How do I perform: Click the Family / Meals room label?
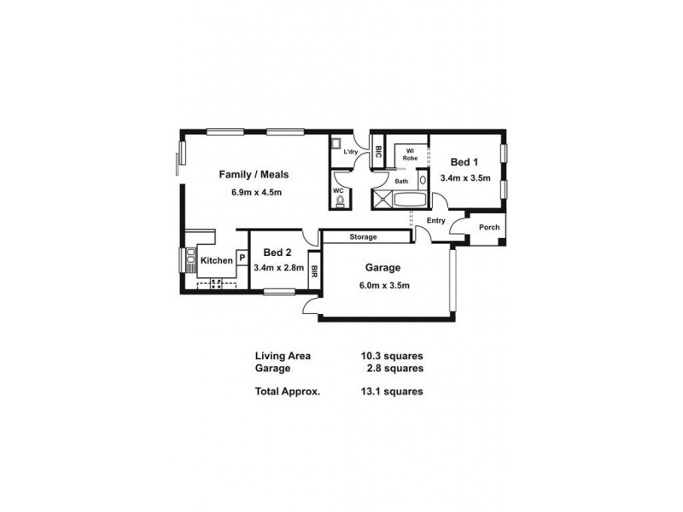coord(254,174)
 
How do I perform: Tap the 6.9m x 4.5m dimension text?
coord(256,192)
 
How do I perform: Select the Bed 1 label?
coord(464,162)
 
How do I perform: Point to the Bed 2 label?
coord(277,253)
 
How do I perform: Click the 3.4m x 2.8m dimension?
coord(277,268)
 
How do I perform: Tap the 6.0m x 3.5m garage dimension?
coord(385,284)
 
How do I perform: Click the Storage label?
coord(363,236)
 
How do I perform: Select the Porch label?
coord(489,227)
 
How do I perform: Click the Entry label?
coord(436,221)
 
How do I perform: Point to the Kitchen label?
coord(217,260)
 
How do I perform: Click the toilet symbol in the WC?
coord(340,201)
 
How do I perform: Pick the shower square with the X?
coord(379,200)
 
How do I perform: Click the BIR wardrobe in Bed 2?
coord(314,271)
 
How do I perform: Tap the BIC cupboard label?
coord(377,154)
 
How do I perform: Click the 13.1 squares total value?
coord(392,393)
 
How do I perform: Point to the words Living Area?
coord(283,357)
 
